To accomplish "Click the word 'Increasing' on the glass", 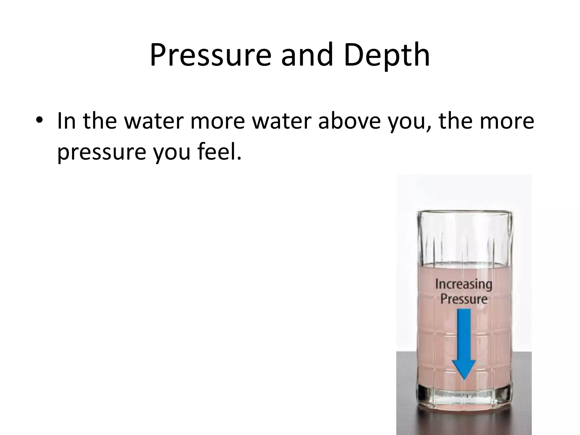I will tap(464, 284).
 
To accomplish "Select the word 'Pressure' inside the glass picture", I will tap(464, 299).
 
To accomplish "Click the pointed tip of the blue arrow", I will tap(464, 378).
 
